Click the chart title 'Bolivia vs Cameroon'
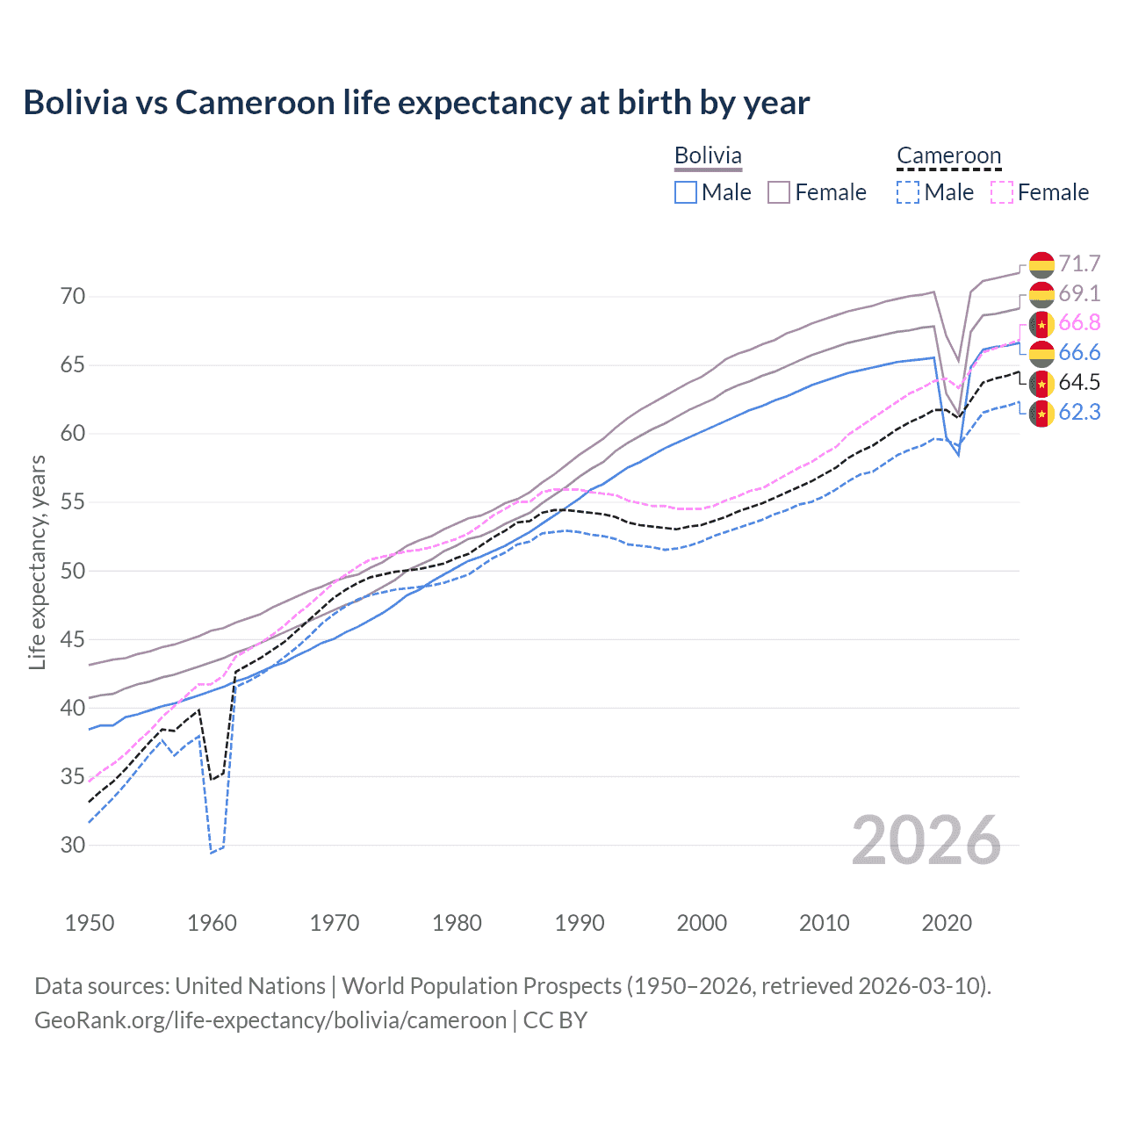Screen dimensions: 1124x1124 point(416,103)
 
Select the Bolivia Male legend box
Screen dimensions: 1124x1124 point(686,192)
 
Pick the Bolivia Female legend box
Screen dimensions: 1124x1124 point(779,192)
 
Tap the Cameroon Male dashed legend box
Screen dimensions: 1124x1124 point(908,192)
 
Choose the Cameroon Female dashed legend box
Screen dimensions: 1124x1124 point(1002,192)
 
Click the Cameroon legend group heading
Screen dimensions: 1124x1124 point(948,156)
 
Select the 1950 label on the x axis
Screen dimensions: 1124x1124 point(90,923)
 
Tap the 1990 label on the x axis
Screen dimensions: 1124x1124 point(580,923)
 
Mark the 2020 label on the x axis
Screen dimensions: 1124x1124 point(947,923)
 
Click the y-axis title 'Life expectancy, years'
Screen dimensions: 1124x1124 point(37,562)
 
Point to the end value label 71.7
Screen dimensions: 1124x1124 point(1079,263)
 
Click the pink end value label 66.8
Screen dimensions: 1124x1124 point(1079,323)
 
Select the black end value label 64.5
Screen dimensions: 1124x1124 point(1079,382)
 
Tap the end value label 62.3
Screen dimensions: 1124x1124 point(1079,411)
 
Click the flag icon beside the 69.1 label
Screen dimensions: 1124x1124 point(1041,294)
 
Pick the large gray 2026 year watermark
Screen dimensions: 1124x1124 point(926,840)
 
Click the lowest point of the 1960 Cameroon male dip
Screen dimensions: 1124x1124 point(212,852)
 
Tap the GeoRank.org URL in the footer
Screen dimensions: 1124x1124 point(270,1020)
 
